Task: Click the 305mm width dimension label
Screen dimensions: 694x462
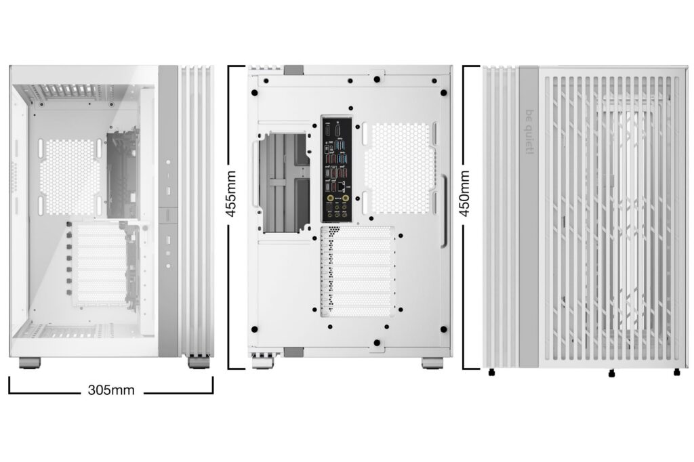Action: [111, 390]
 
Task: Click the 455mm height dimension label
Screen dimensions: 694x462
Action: [232, 194]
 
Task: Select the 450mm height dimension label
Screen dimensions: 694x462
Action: [465, 194]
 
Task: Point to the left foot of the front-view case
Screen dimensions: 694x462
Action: [29, 363]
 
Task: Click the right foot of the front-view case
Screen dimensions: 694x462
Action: [199, 362]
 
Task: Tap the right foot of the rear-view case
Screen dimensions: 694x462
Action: [432, 363]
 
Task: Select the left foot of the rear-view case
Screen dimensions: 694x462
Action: [262, 362]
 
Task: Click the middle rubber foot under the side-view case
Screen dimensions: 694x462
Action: [611, 373]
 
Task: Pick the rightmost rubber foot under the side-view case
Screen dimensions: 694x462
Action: [676, 372]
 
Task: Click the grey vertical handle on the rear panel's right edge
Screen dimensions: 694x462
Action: [443, 210]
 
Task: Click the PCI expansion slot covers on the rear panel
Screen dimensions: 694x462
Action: [356, 271]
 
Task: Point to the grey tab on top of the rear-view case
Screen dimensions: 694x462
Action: [293, 69]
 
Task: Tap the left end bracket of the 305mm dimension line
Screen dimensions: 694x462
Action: [9, 385]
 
